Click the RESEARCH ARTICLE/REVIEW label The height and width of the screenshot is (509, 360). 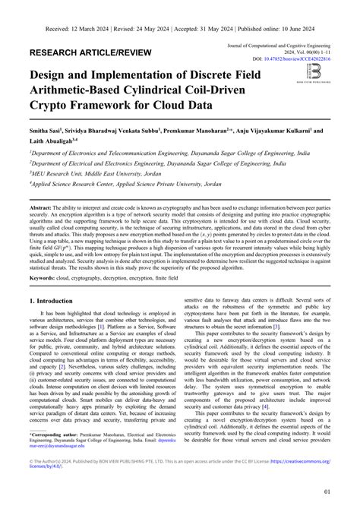click(x=88, y=55)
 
